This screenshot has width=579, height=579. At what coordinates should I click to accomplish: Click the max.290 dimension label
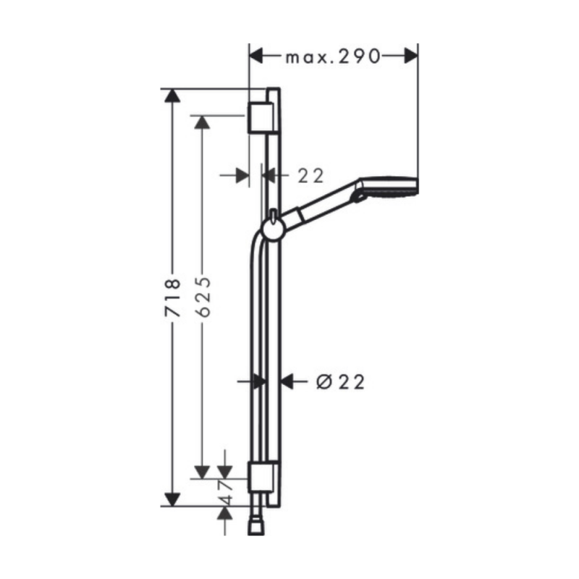pos(333,56)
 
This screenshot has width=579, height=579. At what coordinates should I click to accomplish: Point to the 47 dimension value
pos(226,492)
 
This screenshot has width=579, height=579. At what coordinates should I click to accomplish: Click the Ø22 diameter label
pos(340,382)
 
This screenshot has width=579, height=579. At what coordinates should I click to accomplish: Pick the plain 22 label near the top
pos(310,176)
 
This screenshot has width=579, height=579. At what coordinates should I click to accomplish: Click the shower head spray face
pos(415,185)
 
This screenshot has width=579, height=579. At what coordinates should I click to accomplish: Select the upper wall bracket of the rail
pos(261,117)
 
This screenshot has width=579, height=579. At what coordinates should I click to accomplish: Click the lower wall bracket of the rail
pos(261,477)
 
